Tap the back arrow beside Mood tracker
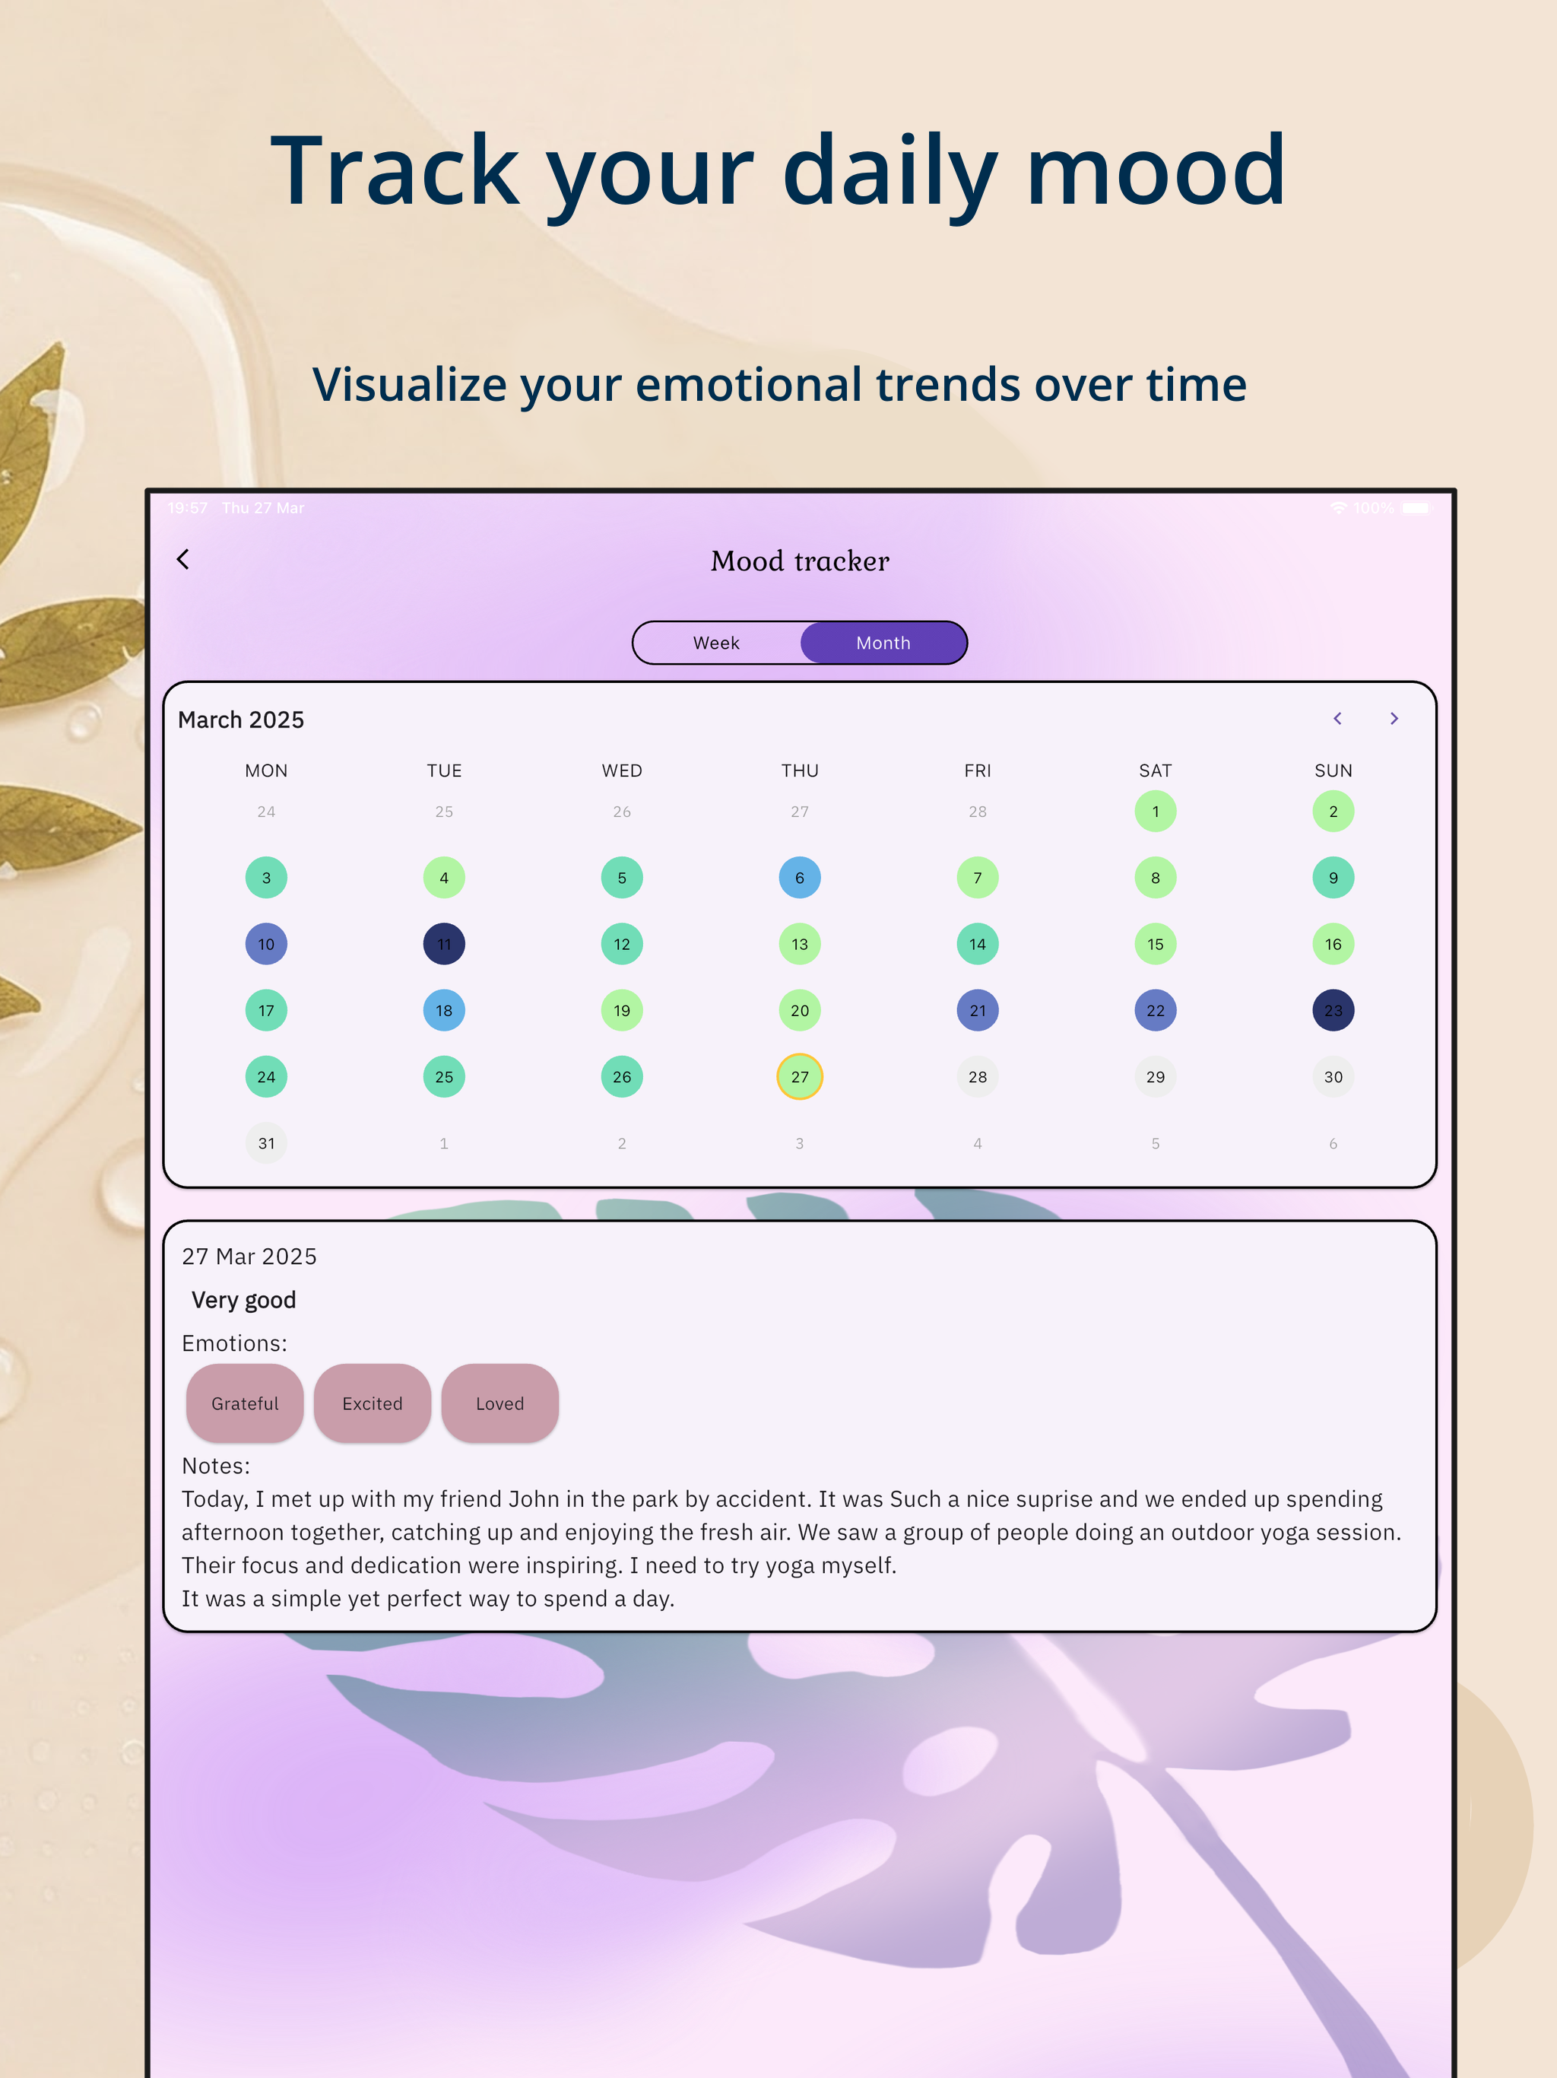(x=183, y=560)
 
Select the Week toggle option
(x=716, y=643)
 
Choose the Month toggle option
(x=883, y=643)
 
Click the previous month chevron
(x=1337, y=719)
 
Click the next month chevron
(x=1394, y=719)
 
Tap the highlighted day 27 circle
(x=800, y=1076)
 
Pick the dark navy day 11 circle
(x=444, y=944)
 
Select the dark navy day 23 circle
(x=1333, y=1011)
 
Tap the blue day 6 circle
(x=800, y=878)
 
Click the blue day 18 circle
(x=444, y=1011)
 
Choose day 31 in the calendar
(x=267, y=1143)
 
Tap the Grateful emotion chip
(x=245, y=1403)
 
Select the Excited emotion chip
(x=373, y=1403)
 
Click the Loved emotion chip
(x=500, y=1403)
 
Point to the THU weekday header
(x=800, y=771)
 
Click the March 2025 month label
(x=241, y=720)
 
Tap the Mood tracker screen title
(x=800, y=561)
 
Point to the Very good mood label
(x=244, y=1300)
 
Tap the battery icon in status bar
(x=1417, y=508)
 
